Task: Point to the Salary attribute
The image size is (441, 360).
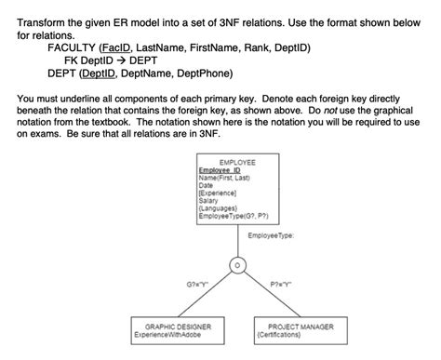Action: point(208,200)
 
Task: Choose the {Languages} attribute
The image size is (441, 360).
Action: point(217,207)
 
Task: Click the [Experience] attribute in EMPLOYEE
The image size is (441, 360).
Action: point(216,193)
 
